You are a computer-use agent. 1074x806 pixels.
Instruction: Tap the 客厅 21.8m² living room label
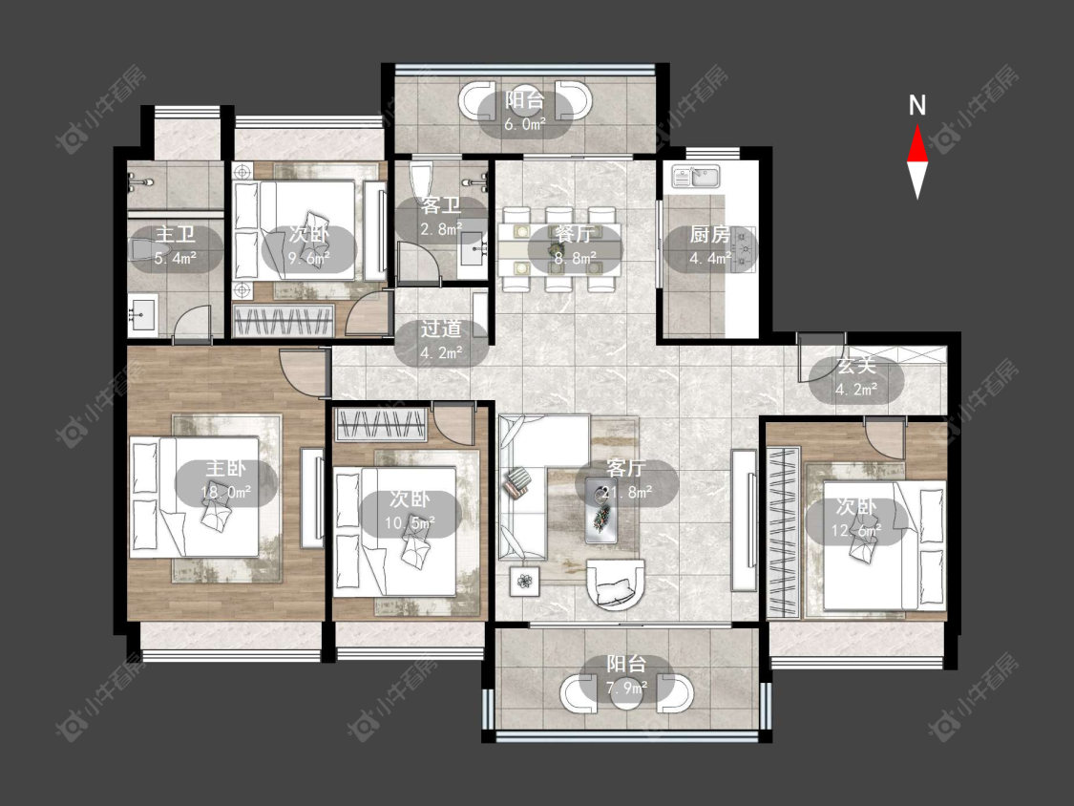click(626, 479)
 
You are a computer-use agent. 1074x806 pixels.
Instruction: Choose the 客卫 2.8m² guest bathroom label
click(441, 218)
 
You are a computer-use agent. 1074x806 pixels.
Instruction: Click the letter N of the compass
click(917, 106)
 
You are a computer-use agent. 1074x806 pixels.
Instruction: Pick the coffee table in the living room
click(601, 511)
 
